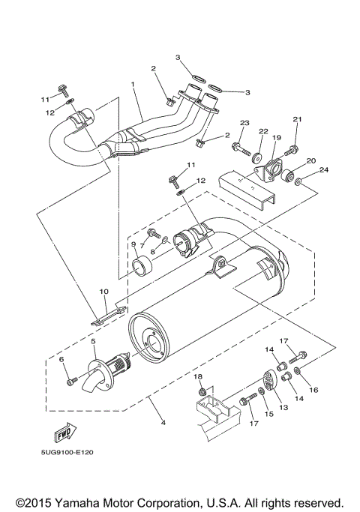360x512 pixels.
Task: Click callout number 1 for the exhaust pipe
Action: [133, 85]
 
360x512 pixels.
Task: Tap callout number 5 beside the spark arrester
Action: [93, 341]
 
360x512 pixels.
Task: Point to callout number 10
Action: [104, 292]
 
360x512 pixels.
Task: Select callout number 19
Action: [275, 138]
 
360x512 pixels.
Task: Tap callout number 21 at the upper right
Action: [296, 120]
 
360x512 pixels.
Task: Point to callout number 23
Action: [244, 123]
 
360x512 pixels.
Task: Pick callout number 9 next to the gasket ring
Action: [134, 244]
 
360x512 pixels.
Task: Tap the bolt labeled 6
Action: [70, 382]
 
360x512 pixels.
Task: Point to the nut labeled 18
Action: [201, 390]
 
